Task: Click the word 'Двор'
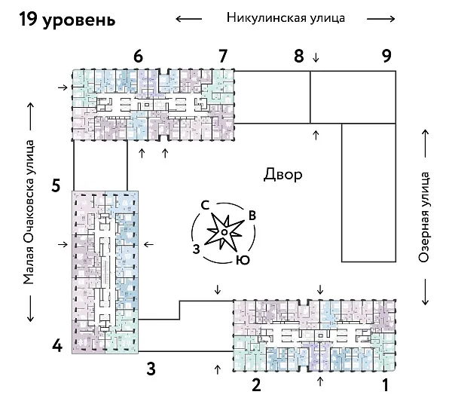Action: pyautogui.click(x=283, y=176)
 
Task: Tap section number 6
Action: pyautogui.click(x=137, y=56)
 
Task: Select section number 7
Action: pyautogui.click(x=221, y=56)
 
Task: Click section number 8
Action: pyautogui.click(x=298, y=56)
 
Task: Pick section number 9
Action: pyautogui.click(x=386, y=56)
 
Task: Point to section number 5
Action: pyautogui.click(x=56, y=184)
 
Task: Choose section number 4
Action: pyautogui.click(x=56, y=347)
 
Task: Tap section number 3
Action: pyautogui.click(x=151, y=369)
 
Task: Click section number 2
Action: pyautogui.click(x=256, y=387)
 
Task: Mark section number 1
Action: pyautogui.click(x=386, y=387)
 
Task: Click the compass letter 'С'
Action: pyautogui.click(x=204, y=204)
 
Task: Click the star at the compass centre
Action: pyautogui.click(x=224, y=233)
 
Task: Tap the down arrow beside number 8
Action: pyautogui.click(x=316, y=57)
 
